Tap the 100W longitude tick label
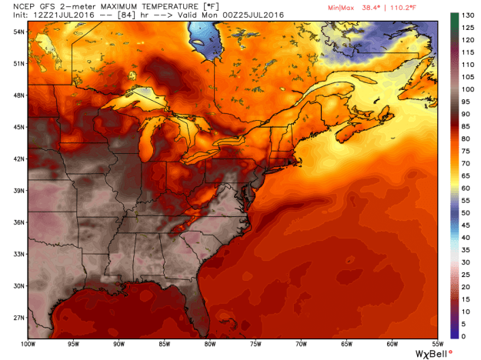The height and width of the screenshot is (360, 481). (29, 345)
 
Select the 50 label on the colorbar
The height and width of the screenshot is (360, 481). (466, 212)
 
